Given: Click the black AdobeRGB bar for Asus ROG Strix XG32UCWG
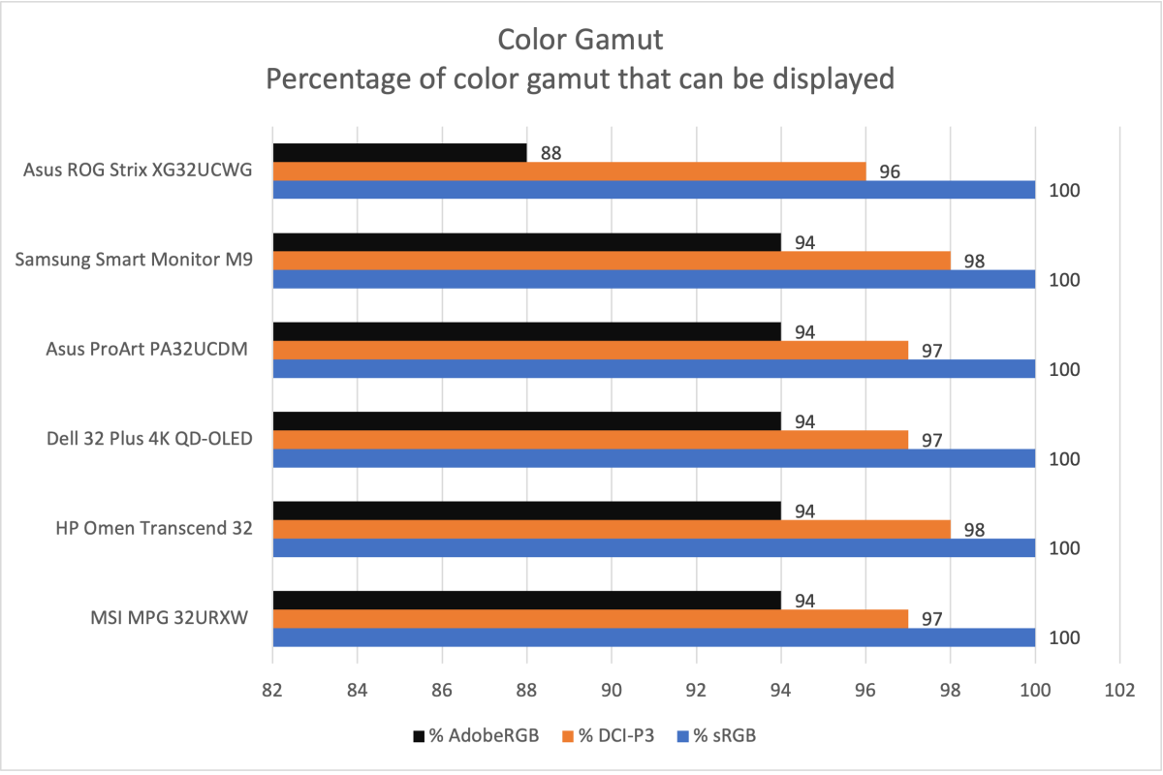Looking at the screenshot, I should (399, 153).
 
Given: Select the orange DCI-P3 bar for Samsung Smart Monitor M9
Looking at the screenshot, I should (611, 261).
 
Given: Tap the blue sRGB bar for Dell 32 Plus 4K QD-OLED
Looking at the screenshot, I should (653, 458).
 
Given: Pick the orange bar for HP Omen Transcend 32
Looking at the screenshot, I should (611, 529).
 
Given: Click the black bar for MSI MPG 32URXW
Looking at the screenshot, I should (526, 601).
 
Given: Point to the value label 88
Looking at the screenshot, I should (551, 153).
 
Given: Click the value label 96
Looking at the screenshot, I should (890, 171).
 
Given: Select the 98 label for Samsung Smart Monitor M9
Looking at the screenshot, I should (974, 262).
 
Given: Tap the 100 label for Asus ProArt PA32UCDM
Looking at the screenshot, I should (1064, 369).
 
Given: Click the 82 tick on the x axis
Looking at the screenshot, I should (272, 691).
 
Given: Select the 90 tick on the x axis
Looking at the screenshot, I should (611, 691).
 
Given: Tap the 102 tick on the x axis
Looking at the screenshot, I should (1119, 691).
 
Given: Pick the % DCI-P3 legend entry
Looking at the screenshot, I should (608, 736).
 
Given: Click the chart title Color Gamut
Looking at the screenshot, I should (581, 40).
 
